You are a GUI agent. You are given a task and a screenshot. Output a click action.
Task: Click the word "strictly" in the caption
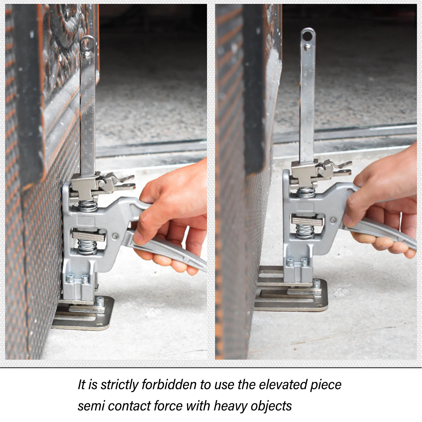point(119,385)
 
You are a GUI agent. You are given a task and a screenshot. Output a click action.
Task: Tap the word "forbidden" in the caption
point(169,385)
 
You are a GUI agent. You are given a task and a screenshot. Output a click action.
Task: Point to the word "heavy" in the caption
point(230,406)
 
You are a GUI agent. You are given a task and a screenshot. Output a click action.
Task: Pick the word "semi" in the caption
point(91,406)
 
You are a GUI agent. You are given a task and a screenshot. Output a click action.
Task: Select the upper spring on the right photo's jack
point(306,192)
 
